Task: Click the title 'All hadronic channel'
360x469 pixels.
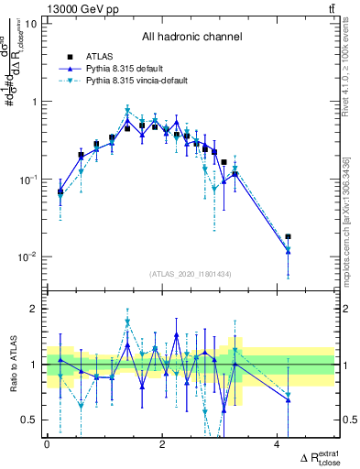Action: point(191,38)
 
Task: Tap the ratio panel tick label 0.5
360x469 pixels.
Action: point(28,420)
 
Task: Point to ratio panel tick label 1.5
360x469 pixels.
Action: point(28,337)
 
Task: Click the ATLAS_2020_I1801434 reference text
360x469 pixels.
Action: point(191,275)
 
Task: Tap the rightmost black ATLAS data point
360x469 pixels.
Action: point(289,236)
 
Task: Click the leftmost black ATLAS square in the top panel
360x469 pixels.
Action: point(60,192)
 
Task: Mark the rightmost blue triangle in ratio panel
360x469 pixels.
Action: point(289,397)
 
